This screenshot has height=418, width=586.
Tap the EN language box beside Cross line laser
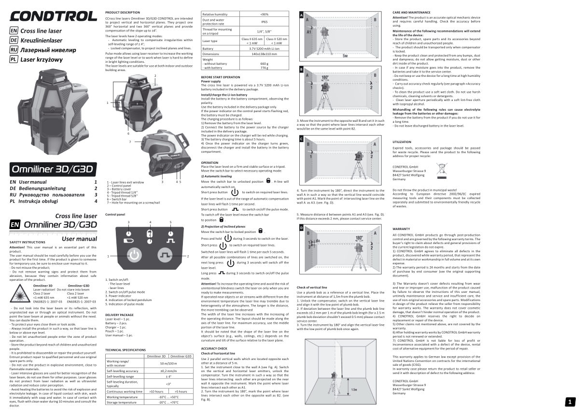click(14, 31)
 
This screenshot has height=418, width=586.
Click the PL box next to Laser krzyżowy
click(14, 59)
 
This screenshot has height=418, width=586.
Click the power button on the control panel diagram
click(134, 255)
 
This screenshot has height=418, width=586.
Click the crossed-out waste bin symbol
click(442, 169)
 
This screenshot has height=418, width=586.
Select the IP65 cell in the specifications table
click(265, 22)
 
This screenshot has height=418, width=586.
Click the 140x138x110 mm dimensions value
click(264, 54)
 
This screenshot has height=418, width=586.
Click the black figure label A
click(301, 15)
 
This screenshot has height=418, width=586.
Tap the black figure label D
click(301, 227)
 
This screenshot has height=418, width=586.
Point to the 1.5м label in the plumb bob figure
click(355, 389)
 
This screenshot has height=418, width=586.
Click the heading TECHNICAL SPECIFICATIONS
click(126, 349)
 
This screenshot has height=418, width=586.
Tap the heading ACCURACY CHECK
click(214, 348)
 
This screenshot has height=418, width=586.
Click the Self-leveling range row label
click(120, 376)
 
